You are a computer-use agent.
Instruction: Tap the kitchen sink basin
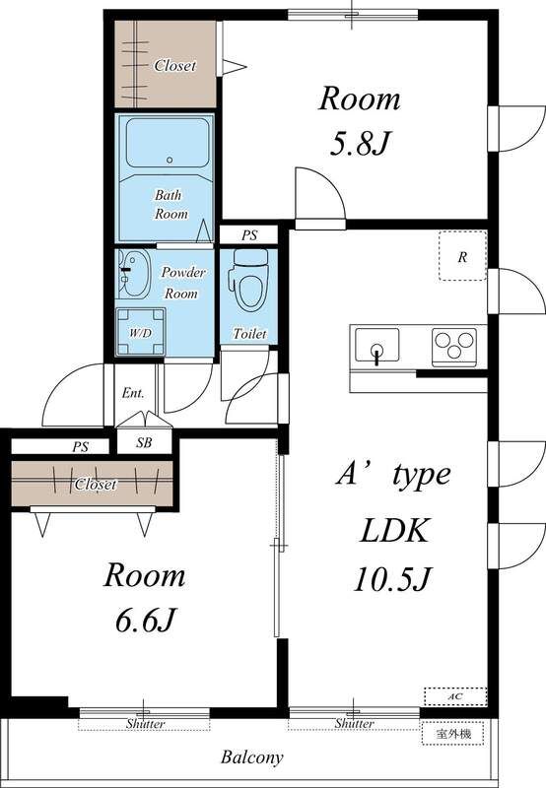pos(377,345)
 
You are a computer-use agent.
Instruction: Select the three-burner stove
pos(454,347)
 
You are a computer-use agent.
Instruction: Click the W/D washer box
pos(140,332)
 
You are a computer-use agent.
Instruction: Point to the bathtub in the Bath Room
pos(168,143)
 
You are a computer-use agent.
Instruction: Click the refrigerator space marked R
pos(462,256)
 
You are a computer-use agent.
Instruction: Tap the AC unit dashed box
pos(455,696)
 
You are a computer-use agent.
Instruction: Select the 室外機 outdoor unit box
pos(453,734)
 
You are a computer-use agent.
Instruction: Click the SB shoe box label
pos(144,442)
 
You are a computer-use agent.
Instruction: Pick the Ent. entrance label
pos(133,392)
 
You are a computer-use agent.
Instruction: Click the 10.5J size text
pos(392,578)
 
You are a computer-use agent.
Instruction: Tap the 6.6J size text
pos(145,621)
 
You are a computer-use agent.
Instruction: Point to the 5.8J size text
pos(360,143)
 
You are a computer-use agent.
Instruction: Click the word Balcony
pos(252,756)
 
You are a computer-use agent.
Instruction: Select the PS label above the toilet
pos(249,234)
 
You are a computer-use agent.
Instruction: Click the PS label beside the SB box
pos(81,446)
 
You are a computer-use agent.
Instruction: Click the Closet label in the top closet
pos(174,65)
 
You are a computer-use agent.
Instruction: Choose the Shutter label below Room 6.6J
pos(145,724)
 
